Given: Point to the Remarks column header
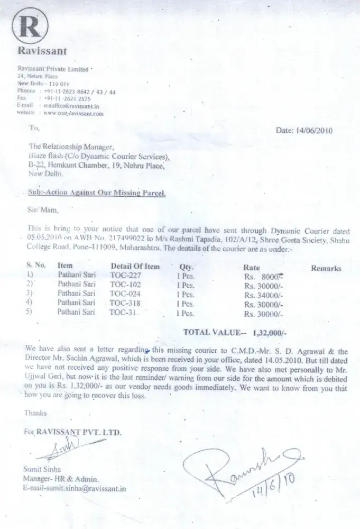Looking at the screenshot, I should tap(326, 269).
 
